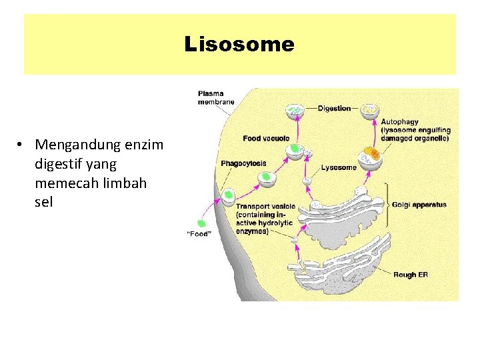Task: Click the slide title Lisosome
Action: [x=239, y=45]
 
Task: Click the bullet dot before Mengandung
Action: [x=22, y=145]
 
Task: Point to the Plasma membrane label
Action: [x=215, y=97]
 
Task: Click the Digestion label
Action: [x=334, y=108]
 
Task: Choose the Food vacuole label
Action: [x=266, y=138]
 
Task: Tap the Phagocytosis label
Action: [x=243, y=163]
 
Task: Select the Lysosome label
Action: [x=339, y=167]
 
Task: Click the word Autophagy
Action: [x=399, y=122]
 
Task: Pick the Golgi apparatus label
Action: [x=419, y=205]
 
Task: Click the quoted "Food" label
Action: [x=199, y=233]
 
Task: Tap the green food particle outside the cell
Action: [x=201, y=223]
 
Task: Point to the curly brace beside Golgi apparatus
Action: [x=387, y=205]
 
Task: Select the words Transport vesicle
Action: [x=265, y=207]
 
